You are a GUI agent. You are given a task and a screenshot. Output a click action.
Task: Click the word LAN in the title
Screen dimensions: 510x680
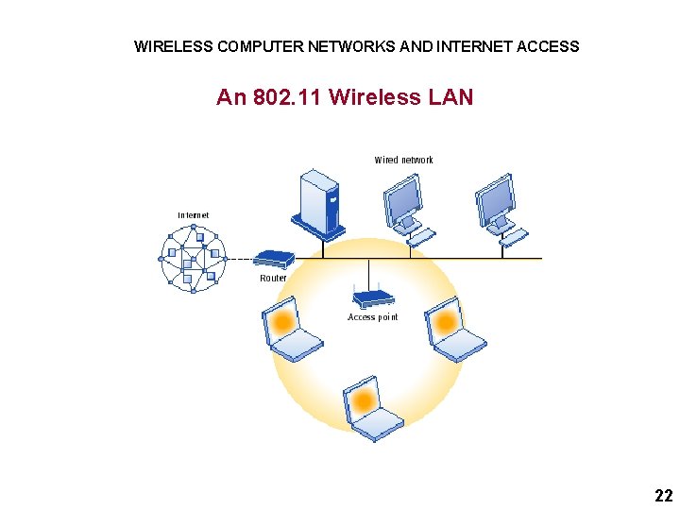(x=450, y=97)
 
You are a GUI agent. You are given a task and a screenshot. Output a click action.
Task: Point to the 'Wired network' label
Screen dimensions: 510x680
(x=403, y=160)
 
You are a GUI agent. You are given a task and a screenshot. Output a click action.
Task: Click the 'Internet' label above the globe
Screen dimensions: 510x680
(x=194, y=215)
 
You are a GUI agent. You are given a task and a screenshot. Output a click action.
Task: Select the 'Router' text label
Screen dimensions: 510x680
(x=273, y=279)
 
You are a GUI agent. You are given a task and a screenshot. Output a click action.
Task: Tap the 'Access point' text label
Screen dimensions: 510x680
(x=373, y=317)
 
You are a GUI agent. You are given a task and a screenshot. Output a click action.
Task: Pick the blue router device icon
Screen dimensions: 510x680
(x=275, y=258)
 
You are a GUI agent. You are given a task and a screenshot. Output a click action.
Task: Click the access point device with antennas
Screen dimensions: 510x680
(x=373, y=297)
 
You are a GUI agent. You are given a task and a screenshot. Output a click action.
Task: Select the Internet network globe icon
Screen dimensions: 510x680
(x=194, y=257)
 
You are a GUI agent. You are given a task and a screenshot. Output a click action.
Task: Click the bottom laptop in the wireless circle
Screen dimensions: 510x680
(x=370, y=408)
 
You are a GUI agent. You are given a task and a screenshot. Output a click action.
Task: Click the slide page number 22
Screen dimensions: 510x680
(x=663, y=496)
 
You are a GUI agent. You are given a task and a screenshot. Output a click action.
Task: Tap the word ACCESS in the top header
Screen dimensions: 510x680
(x=549, y=46)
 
